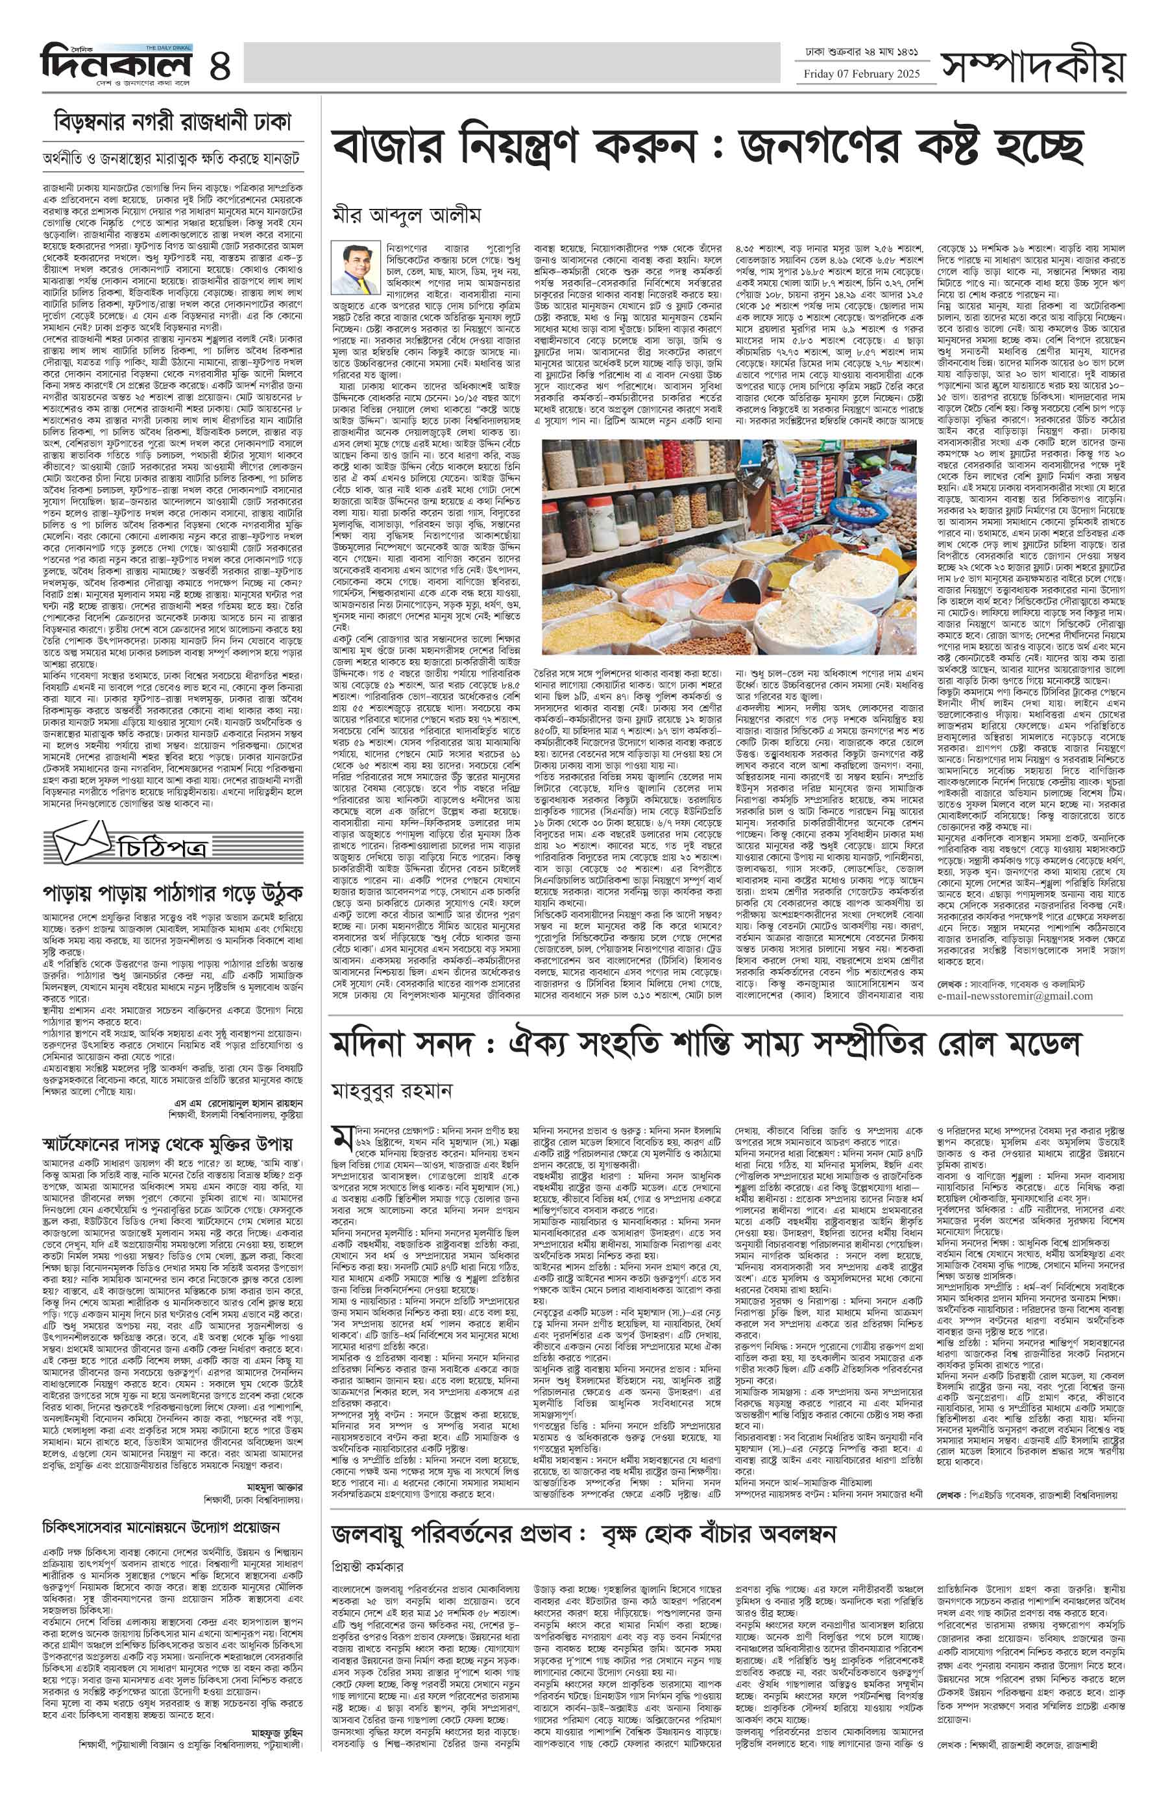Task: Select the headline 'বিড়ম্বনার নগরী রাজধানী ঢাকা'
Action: click(173, 122)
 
